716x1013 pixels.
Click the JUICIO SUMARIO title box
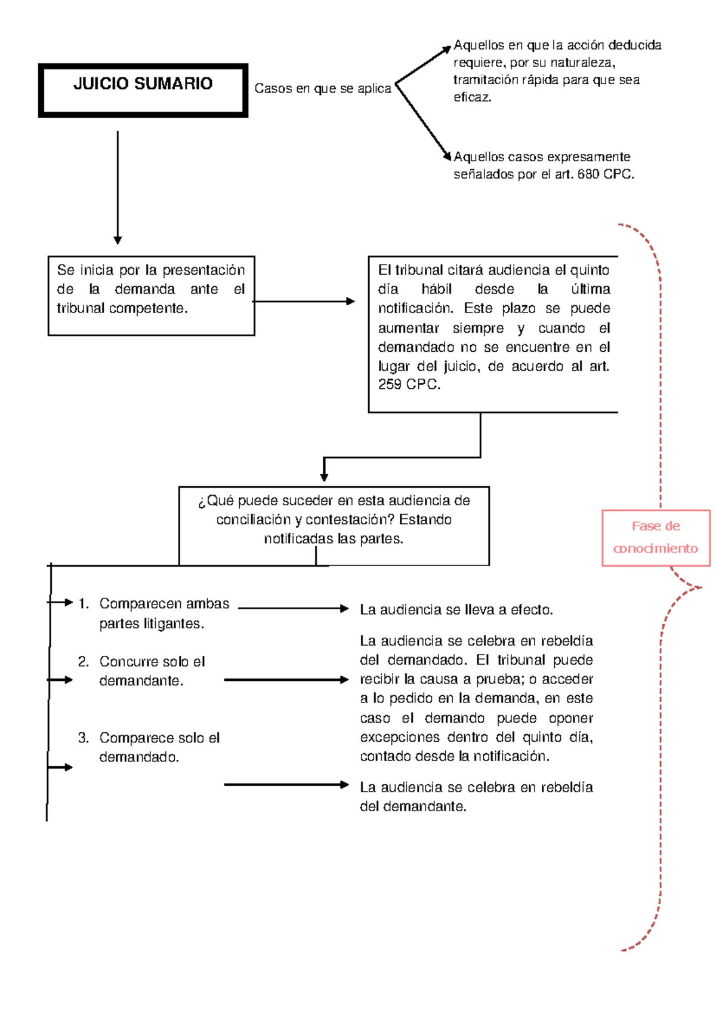pos(143,90)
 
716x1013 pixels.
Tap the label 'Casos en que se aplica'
pos(322,88)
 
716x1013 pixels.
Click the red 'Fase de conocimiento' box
pos(656,538)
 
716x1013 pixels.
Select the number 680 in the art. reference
pos(588,174)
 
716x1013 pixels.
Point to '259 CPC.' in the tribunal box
pos(409,385)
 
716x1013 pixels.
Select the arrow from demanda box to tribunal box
pos(304,302)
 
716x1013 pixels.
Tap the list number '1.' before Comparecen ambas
pos(84,604)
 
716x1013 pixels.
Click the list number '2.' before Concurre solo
pos(84,662)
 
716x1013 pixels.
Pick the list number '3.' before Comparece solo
pos(84,738)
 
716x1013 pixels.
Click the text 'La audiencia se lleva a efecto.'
pos(456,610)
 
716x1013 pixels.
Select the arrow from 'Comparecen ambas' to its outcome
pos(292,609)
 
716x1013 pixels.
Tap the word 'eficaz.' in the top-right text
pos(473,97)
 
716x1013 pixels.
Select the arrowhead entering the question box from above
pos(324,476)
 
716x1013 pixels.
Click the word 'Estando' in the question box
pos(425,520)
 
